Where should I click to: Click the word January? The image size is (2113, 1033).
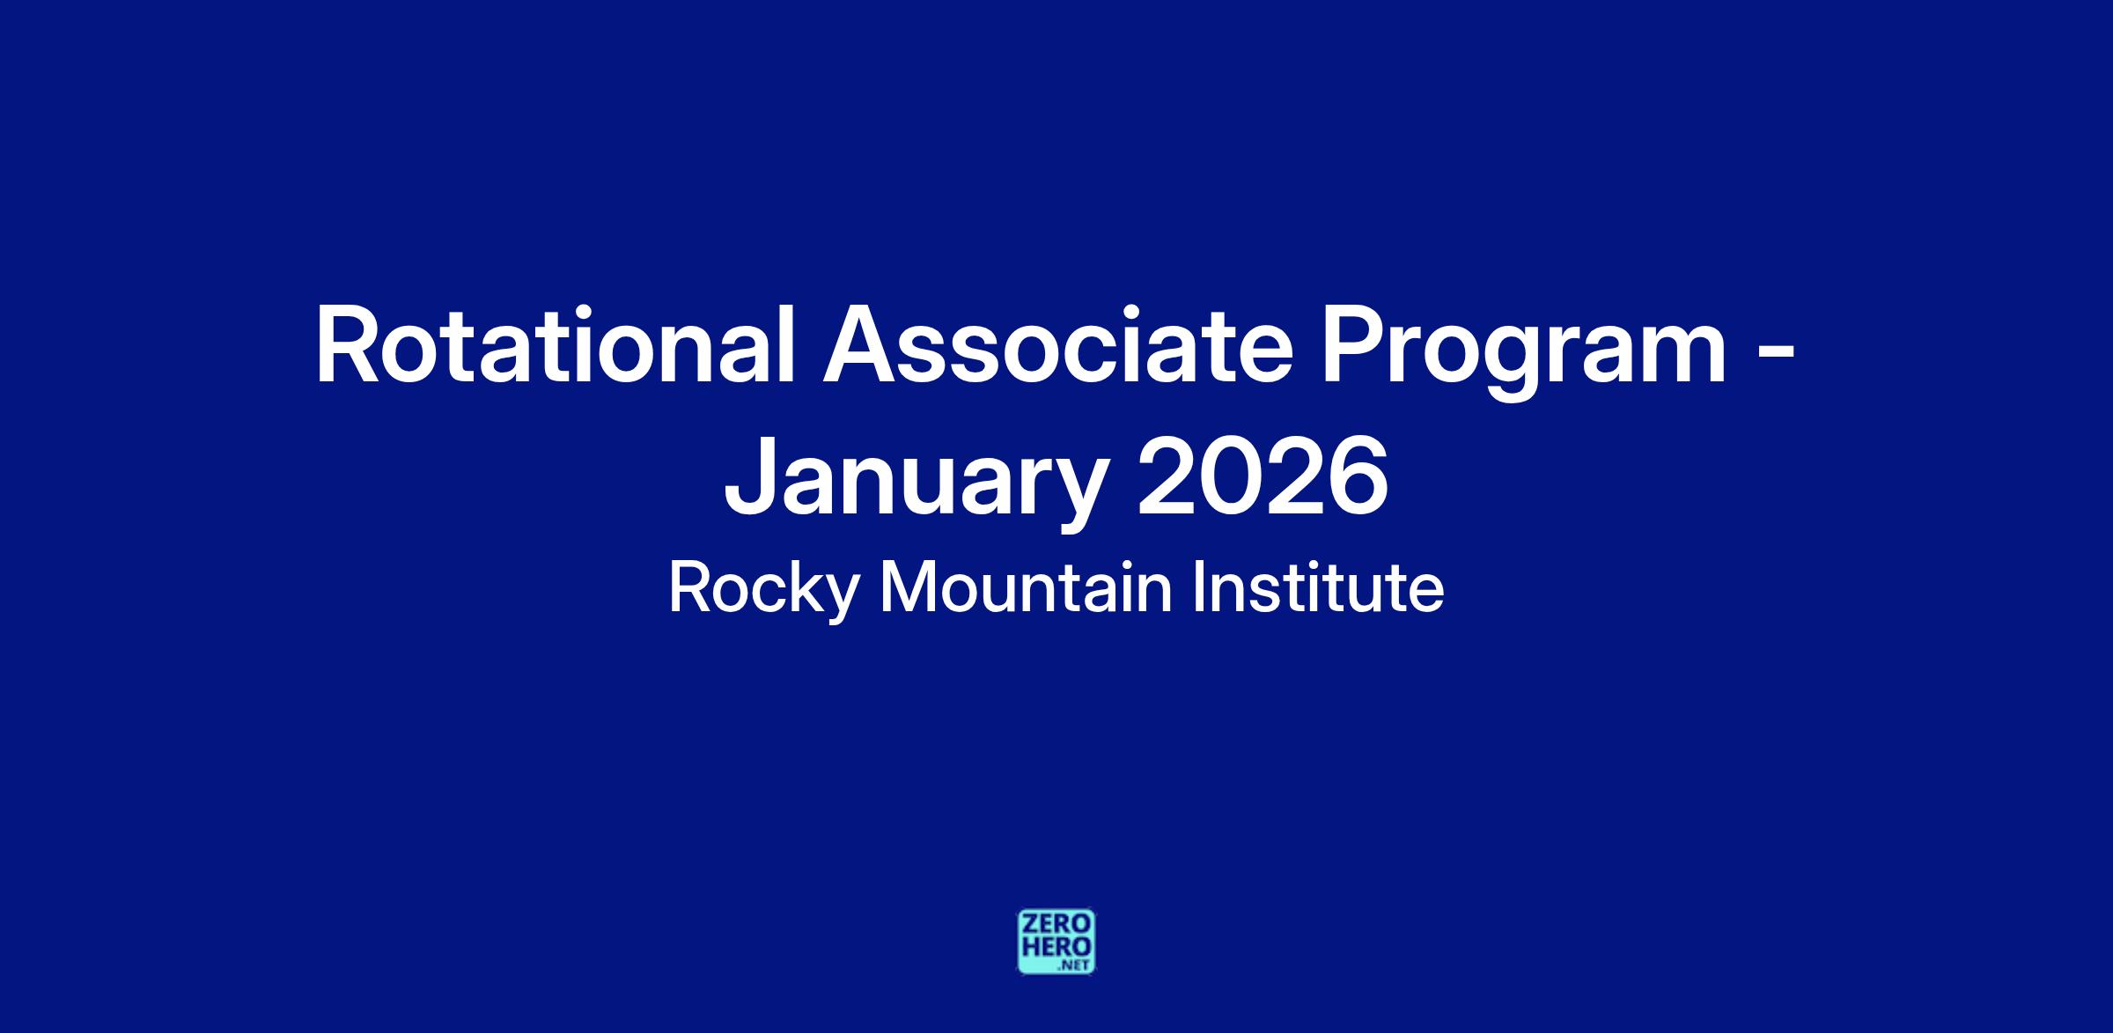pos(915,481)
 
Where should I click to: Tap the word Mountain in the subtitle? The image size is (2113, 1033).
pos(1026,587)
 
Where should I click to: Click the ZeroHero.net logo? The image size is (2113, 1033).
pos(1056,941)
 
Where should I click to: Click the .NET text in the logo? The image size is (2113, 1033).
pos(1075,965)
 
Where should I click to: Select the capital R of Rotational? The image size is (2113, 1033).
pos(349,345)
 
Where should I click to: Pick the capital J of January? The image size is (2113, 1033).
pos(749,476)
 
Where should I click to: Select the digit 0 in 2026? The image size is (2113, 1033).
pos(1231,476)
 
